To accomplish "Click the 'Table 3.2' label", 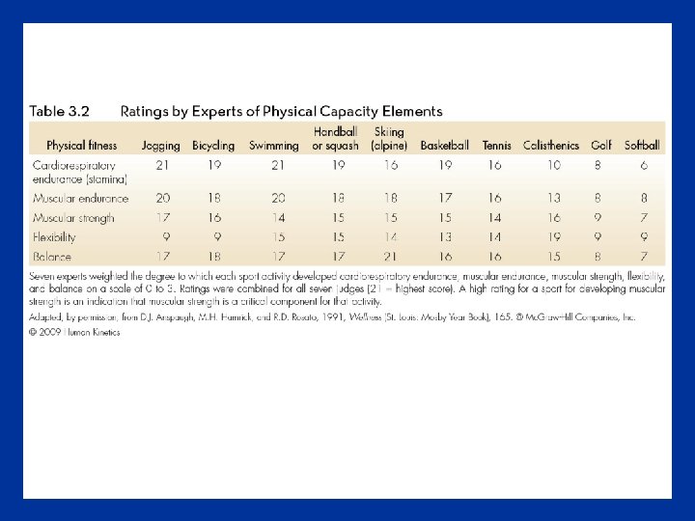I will click(x=60, y=112).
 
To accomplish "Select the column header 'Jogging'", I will click(x=161, y=146).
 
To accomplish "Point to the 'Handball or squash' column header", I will click(x=335, y=139).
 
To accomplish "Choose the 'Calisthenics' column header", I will click(x=551, y=146).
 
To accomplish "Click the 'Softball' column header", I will click(x=643, y=146).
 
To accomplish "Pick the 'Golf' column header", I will click(x=601, y=146).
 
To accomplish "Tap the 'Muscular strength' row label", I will click(x=73, y=218).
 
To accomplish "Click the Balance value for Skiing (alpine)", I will click(x=391, y=256).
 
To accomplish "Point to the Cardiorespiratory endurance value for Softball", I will click(x=644, y=165).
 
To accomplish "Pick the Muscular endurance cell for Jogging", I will click(x=163, y=198).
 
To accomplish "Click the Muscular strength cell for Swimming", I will click(x=278, y=218).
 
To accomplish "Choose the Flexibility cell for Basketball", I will click(x=445, y=236).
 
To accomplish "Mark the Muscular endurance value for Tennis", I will click(x=495, y=198).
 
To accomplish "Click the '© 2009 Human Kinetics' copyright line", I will click(x=75, y=333).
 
